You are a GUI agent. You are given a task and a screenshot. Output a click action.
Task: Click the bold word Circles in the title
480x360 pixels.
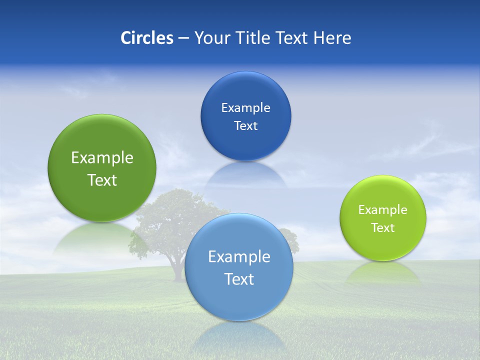[146, 38]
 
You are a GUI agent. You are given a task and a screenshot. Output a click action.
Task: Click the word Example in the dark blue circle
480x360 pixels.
[245, 108]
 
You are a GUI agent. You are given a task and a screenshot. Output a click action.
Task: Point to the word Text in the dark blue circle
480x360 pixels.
[245, 126]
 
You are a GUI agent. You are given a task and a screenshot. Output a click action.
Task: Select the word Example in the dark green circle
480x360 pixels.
[102, 158]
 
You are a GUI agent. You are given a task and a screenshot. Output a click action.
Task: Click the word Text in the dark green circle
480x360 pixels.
[102, 180]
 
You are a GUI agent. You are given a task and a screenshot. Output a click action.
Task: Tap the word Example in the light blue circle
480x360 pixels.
[239, 257]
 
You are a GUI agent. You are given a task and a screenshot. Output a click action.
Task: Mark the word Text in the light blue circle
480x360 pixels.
[239, 279]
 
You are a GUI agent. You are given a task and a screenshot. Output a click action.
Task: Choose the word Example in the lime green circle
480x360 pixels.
[383, 210]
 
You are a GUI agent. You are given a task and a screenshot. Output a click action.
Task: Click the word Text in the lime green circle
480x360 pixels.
[383, 228]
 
